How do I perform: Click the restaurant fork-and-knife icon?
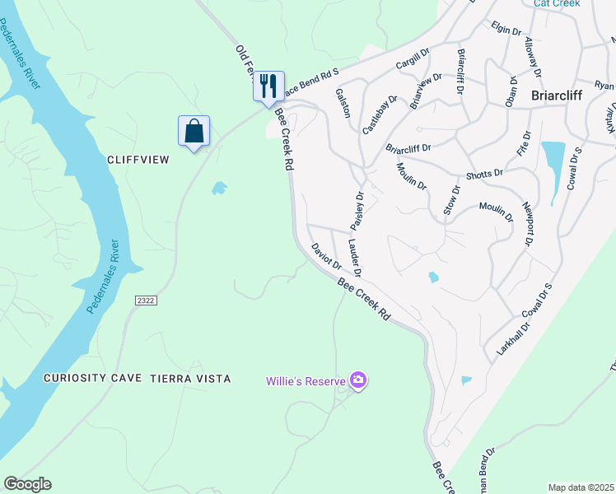268,86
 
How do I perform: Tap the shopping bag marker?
194,131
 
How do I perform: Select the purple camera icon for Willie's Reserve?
358,380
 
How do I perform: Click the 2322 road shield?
145,302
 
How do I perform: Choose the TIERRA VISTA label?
190,379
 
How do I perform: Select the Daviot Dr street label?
326,256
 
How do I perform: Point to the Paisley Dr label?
357,212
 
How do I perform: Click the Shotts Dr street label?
483,174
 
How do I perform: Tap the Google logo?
27,484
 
